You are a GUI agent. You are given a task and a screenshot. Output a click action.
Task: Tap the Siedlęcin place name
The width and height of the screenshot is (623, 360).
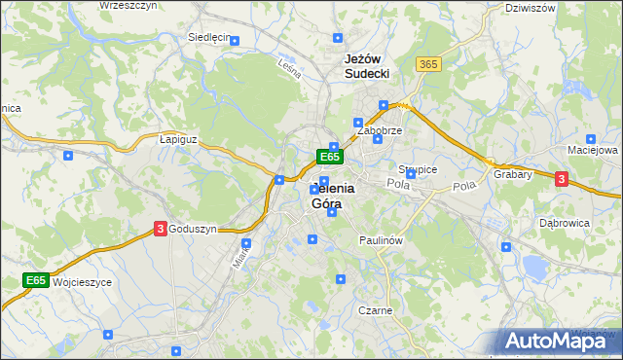pos(207,38)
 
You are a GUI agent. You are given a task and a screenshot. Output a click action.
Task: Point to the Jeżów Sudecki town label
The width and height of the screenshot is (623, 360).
pos(367,65)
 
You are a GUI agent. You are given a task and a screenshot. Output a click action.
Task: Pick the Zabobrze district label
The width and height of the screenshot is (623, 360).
pos(379,129)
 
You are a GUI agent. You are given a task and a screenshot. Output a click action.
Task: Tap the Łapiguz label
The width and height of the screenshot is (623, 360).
pos(178,139)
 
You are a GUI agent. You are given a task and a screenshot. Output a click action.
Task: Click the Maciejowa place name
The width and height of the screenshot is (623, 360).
pos(593,151)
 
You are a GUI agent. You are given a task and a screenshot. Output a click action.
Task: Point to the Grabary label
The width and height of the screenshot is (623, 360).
pos(512,175)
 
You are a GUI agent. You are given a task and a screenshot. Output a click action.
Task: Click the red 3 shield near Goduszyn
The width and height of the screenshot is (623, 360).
pos(159,229)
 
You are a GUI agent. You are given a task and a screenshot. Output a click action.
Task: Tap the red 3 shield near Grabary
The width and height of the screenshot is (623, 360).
pos(561,178)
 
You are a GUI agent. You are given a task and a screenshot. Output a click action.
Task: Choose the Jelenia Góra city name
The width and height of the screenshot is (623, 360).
pos(332,197)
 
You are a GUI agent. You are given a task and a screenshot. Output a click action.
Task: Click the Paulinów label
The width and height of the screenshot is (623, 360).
pos(381,239)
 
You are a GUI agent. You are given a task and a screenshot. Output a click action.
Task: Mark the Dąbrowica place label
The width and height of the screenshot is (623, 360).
pos(565,223)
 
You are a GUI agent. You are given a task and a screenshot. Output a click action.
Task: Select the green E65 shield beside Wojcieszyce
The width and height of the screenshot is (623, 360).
pos(36,281)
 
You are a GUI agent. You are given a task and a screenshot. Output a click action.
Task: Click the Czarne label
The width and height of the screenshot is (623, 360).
pos(375,311)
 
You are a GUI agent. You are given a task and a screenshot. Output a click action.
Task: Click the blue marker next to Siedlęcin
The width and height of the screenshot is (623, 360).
pos(235,40)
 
